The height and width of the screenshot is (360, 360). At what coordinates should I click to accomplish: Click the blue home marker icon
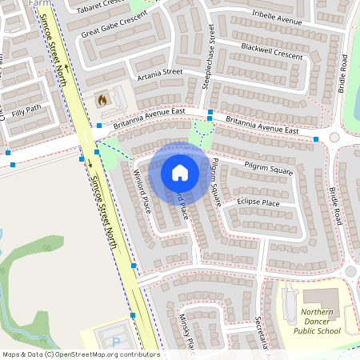tap(180, 172)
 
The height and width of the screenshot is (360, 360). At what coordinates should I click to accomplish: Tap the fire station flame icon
tap(102, 100)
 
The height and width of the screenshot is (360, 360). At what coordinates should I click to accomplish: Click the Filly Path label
tap(22, 108)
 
